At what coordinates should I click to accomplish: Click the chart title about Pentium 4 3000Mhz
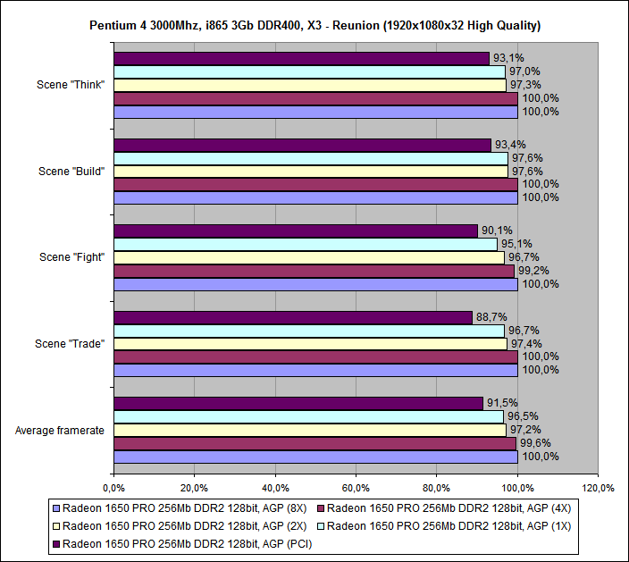click(314, 25)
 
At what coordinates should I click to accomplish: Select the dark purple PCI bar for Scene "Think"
click(301, 58)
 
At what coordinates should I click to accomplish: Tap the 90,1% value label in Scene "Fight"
click(496, 231)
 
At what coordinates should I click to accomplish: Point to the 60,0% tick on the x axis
click(356, 488)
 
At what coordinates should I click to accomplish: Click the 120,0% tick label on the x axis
click(598, 488)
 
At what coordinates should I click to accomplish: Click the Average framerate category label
click(60, 431)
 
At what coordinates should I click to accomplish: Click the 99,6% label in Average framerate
click(535, 443)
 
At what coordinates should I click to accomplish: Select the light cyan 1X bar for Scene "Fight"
click(305, 244)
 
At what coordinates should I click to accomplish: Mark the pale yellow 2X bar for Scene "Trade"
click(310, 343)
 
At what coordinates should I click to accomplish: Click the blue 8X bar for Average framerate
click(315, 457)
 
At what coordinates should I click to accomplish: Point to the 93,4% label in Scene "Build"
click(509, 145)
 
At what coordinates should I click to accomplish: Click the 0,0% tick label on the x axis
click(113, 488)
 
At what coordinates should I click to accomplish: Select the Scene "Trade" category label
click(71, 344)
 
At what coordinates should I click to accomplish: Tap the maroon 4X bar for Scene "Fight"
click(314, 271)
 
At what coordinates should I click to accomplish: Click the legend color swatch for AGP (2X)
click(56, 525)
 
